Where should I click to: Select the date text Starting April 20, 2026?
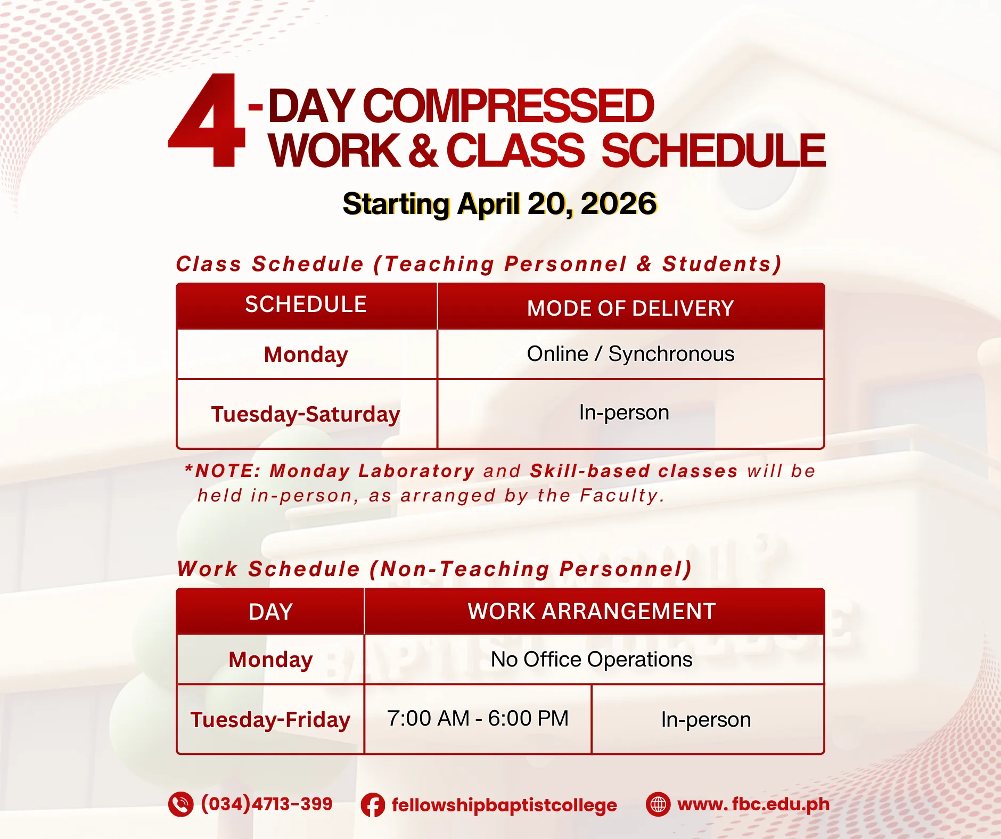click(499, 204)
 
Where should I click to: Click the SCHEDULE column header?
click(306, 305)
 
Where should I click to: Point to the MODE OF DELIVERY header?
click(630, 308)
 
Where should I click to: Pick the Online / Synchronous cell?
click(630, 354)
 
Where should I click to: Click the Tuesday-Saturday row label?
click(306, 414)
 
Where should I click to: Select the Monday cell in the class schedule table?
click(306, 355)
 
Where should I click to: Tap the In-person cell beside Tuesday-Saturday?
click(624, 413)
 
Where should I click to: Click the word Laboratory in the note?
click(416, 471)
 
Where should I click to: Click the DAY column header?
click(270, 612)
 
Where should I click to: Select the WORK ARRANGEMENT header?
click(592, 611)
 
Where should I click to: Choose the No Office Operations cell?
click(592, 660)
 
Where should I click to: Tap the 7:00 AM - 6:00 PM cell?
click(478, 718)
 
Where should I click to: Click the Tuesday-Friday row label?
click(270, 720)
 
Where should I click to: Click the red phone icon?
click(181, 804)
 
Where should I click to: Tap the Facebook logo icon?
click(373, 805)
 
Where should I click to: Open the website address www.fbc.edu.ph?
click(753, 804)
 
